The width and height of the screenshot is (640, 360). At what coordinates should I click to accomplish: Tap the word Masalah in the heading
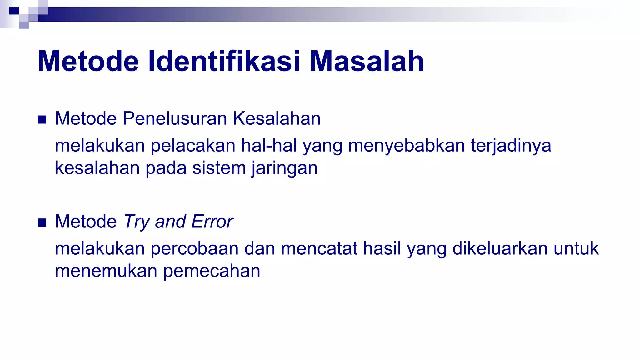(x=367, y=61)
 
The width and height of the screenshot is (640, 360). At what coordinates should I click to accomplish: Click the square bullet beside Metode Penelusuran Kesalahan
(x=42, y=120)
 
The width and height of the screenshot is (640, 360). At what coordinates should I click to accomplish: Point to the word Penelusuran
(x=175, y=118)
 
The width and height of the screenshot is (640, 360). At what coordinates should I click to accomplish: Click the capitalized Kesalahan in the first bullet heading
(x=277, y=118)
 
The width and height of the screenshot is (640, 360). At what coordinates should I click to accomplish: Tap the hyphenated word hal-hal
(x=269, y=146)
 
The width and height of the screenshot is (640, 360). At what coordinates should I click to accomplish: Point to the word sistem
(x=219, y=168)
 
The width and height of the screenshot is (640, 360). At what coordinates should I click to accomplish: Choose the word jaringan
(x=284, y=168)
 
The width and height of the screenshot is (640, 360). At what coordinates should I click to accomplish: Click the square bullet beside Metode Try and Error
(x=42, y=222)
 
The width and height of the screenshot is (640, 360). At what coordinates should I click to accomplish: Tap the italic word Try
(x=137, y=222)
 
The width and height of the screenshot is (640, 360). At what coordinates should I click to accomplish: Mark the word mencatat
(x=319, y=249)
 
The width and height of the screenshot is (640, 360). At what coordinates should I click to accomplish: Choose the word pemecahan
(x=212, y=271)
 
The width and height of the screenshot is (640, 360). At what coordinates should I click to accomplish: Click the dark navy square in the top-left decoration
(x=14, y=11)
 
